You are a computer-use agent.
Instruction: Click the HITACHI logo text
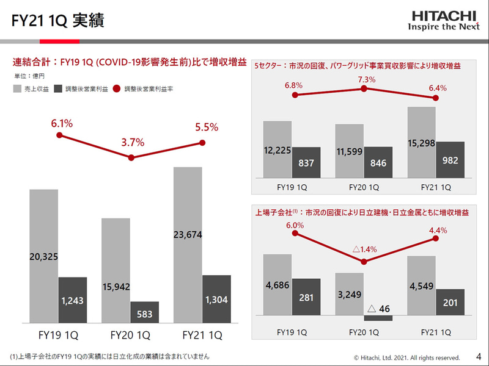pyautogui.click(x=445, y=15)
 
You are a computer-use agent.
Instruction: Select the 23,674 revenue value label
pyautogui.click(x=188, y=234)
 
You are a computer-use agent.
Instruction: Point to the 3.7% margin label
pyautogui.click(x=133, y=142)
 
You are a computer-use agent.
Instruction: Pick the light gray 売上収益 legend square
pyautogui.click(x=18, y=89)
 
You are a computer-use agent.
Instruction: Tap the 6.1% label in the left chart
pyautogui.click(x=61, y=123)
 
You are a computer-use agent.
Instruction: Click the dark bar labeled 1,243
pyautogui.click(x=73, y=300)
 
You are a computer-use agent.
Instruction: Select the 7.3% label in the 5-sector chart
pyautogui.click(x=364, y=80)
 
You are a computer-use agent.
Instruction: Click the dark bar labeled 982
pyautogui.click(x=450, y=160)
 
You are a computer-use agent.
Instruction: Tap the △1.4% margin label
pyautogui.click(x=364, y=249)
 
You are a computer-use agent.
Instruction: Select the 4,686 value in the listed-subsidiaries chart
pyautogui.click(x=277, y=284)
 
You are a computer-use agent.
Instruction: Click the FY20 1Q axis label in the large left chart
pyautogui.click(x=130, y=335)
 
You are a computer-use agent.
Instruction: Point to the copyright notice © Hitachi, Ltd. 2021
pyautogui.click(x=406, y=357)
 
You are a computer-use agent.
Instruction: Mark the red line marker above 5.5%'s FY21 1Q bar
pyautogui.click(x=202, y=143)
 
